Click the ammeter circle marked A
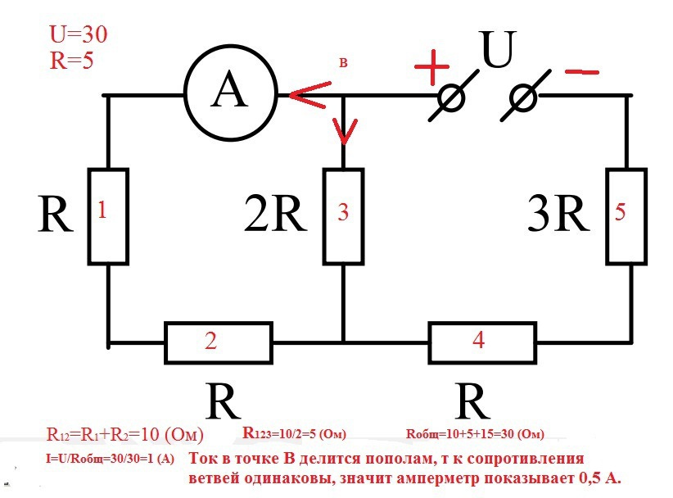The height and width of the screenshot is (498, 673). (228, 95)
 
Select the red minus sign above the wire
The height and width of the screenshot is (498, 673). (581, 72)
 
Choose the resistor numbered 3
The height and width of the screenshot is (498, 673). (344, 215)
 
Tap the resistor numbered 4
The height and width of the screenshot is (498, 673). (479, 342)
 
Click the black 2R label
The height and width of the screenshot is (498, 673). (275, 216)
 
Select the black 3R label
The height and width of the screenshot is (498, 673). (558, 216)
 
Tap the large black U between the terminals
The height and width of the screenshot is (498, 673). (497, 52)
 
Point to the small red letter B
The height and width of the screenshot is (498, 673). (345, 62)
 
